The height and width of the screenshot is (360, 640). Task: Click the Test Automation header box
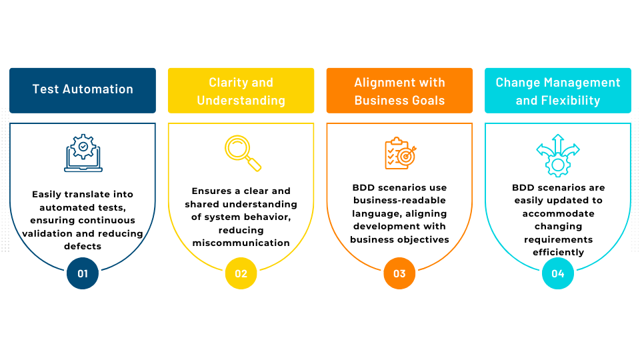83,90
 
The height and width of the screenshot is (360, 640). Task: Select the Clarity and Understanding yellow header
241,90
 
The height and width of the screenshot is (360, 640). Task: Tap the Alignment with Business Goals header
399,90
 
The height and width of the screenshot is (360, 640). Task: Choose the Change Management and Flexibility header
558,90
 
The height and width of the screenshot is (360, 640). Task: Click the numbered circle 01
83,273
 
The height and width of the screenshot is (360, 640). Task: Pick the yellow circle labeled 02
241,273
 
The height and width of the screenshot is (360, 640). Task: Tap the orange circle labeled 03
399,273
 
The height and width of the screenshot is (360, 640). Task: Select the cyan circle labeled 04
558,273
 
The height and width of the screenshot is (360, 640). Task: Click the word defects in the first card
83,246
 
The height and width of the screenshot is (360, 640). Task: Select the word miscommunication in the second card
241,243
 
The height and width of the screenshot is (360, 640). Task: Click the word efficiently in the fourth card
558,252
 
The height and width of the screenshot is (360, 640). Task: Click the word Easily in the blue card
49,194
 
